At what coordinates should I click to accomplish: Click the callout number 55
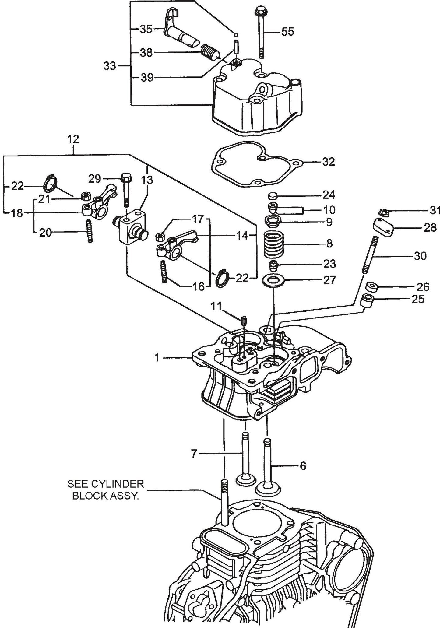pyautogui.click(x=287, y=32)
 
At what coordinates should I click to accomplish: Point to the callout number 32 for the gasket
pyautogui.click(x=328, y=162)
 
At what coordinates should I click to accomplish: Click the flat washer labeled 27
pyautogui.click(x=273, y=280)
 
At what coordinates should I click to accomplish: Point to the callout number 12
pyautogui.click(x=73, y=139)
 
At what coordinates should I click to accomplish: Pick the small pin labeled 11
pyautogui.click(x=244, y=320)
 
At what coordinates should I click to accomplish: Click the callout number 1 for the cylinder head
pyautogui.click(x=157, y=358)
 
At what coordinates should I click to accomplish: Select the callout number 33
pyautogui.click(x=110, y=66)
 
